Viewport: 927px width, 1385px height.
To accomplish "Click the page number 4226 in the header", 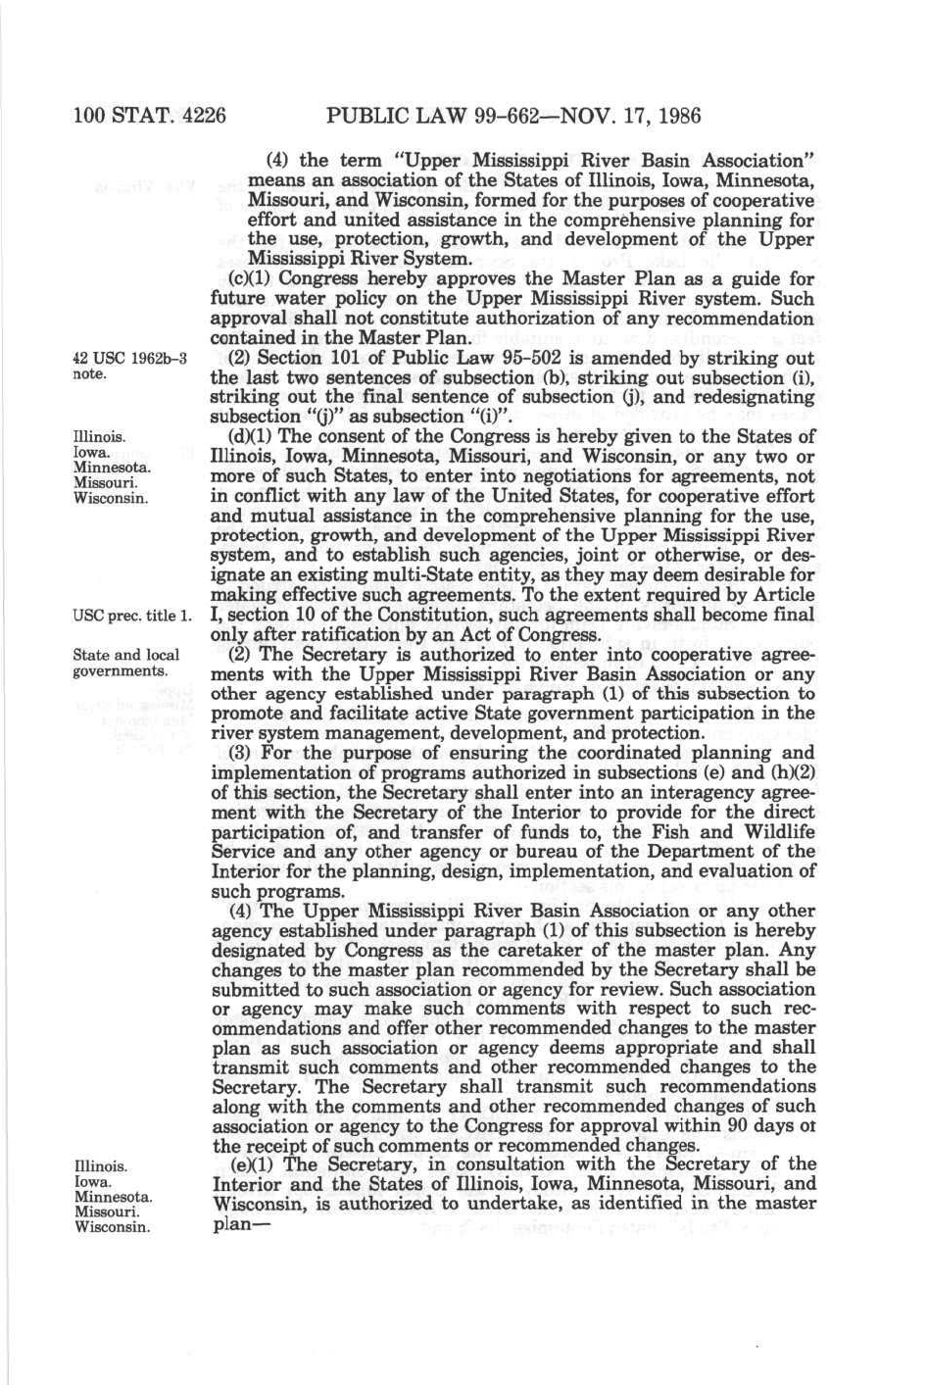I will (x=199, y=117).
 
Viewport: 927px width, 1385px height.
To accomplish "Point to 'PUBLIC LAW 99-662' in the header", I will (x=436, y=117).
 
